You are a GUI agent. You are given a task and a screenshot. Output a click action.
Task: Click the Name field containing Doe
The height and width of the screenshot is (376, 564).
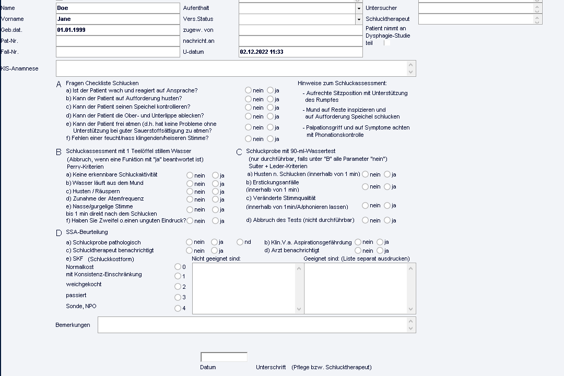118,8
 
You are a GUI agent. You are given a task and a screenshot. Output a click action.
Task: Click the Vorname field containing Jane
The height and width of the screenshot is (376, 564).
118,19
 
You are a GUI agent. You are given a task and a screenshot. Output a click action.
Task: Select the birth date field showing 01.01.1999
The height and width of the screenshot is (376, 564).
118,30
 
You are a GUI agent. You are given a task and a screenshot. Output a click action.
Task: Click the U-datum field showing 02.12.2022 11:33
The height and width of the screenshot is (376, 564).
300,52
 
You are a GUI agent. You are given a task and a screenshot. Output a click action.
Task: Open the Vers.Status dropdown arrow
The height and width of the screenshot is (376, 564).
359,19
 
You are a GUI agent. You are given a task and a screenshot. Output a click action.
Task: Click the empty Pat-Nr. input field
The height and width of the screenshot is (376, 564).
118,41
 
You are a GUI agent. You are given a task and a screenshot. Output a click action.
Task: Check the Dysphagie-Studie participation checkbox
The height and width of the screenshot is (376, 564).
387,43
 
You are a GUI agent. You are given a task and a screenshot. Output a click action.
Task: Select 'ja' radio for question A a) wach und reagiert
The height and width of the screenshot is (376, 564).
270,90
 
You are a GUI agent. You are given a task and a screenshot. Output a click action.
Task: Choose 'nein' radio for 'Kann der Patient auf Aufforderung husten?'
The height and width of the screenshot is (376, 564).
248,99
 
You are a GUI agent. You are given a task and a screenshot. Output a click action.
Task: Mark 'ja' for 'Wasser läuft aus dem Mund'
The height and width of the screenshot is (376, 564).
215,183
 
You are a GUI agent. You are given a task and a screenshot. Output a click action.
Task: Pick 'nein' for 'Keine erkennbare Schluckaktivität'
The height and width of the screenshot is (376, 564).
190,175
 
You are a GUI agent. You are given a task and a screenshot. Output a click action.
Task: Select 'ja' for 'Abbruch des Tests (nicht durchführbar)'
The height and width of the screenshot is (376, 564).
387,220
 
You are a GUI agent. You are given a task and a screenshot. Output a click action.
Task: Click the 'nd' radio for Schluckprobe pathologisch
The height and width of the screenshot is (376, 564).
240,242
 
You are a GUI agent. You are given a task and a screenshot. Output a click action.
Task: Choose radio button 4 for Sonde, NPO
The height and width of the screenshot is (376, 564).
178,308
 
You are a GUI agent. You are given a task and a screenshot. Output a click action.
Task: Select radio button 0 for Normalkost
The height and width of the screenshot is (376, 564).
178,267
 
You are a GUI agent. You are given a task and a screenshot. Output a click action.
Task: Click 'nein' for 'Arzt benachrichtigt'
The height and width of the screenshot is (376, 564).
358,251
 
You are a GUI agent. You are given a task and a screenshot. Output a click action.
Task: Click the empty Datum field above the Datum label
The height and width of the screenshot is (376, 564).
224,357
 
